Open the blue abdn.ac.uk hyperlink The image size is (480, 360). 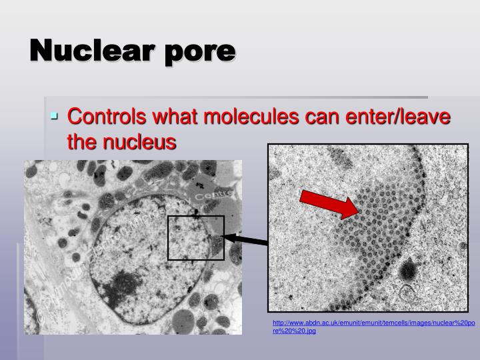click(373, 326)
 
